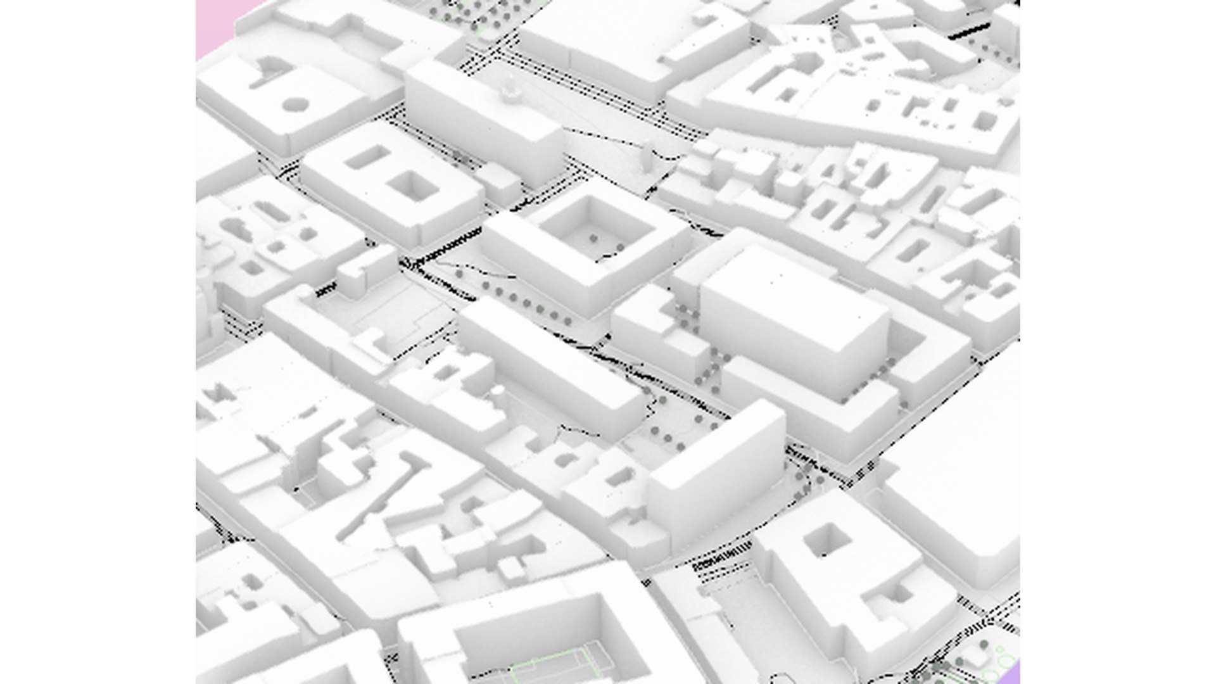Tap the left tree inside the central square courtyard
click(593, 239)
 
